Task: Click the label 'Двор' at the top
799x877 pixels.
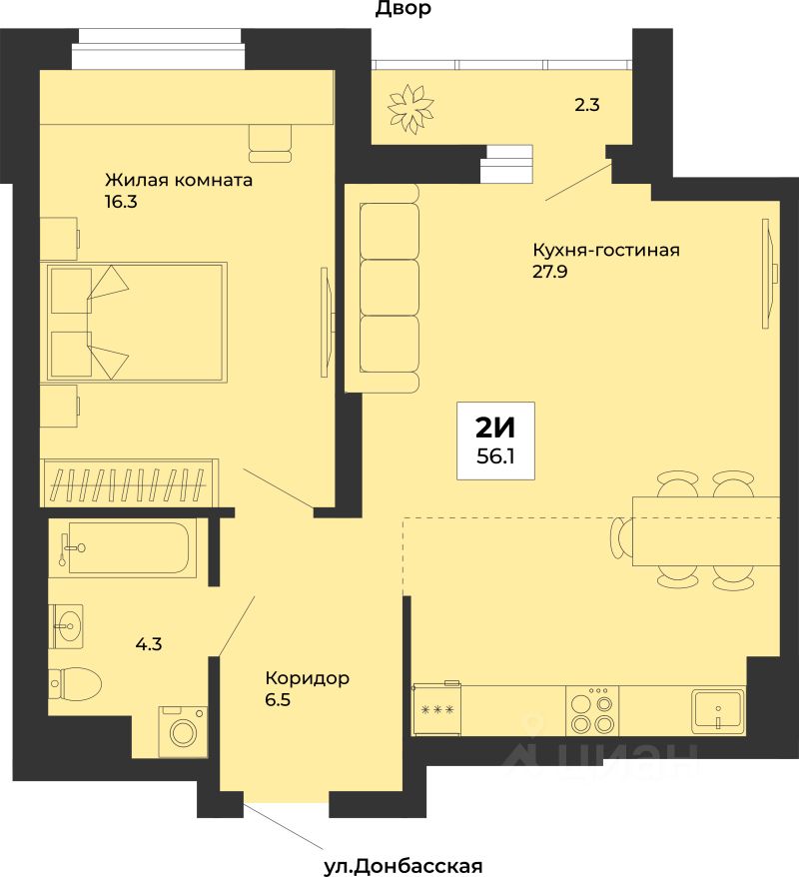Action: [x=402, y=9]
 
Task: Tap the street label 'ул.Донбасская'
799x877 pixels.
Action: [x=402, y=866]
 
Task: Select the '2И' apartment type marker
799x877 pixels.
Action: [x=495, y=429]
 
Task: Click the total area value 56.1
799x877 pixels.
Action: [x=495, y=456]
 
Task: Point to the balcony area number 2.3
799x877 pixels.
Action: [x=587, y=105]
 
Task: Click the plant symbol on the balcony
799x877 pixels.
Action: [x=410, y=109]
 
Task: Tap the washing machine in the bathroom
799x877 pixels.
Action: [x=183, y=732]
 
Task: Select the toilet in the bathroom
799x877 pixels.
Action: [x=75, y=683]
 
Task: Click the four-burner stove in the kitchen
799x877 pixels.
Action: [x=592, y=710]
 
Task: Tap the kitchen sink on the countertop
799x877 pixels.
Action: [x=718, y=710]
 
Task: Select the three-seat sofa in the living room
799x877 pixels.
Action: [x=382, y=288]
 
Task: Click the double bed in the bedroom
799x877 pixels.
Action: [x=137, y=323]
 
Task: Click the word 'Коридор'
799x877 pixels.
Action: [x=307, y=678]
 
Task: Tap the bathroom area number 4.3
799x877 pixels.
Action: [x=149, y=644]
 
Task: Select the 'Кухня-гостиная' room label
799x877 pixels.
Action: [x=606, y=250]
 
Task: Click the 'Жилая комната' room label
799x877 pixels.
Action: [x=179, y=180]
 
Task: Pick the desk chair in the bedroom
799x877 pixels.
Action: [x=271, y=144]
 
